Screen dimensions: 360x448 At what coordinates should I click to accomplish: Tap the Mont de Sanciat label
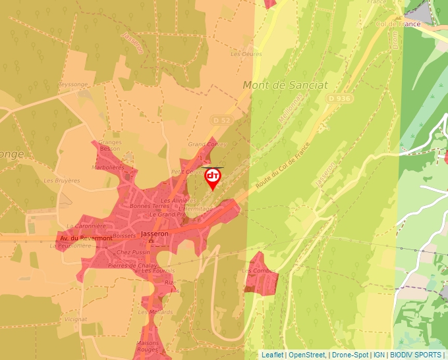285,85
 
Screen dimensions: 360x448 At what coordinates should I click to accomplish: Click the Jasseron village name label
155,234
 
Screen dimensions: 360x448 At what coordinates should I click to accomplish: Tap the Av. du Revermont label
86,238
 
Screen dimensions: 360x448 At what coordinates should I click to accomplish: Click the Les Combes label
259,271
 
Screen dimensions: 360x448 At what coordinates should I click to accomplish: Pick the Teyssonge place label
72,84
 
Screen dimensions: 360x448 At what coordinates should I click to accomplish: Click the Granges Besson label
109,145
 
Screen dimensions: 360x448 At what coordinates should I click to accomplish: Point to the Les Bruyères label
61,180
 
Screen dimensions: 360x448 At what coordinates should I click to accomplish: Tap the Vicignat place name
76,319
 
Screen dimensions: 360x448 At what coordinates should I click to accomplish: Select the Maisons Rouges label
148,347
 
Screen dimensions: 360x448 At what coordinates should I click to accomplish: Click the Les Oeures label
246,54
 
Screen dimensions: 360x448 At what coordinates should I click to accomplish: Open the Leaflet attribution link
272,355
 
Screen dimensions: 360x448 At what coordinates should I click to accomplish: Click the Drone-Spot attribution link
350,355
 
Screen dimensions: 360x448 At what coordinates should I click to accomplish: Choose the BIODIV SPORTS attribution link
416,355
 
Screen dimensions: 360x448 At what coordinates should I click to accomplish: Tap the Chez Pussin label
133,252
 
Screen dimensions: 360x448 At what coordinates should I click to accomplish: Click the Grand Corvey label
207,144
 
